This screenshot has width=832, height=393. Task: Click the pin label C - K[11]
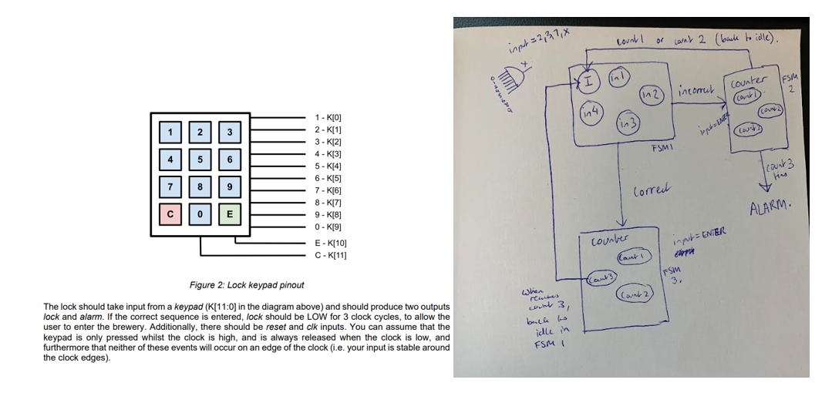pyautogui.click(x=331, y=254)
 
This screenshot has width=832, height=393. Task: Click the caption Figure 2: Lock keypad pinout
pyautogui.click(x=247, y=285)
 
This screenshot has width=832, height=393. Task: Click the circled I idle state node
pyautogui.click(x=588, y=79)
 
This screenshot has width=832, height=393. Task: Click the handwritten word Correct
pyautogui.click(x=650, y=190)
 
